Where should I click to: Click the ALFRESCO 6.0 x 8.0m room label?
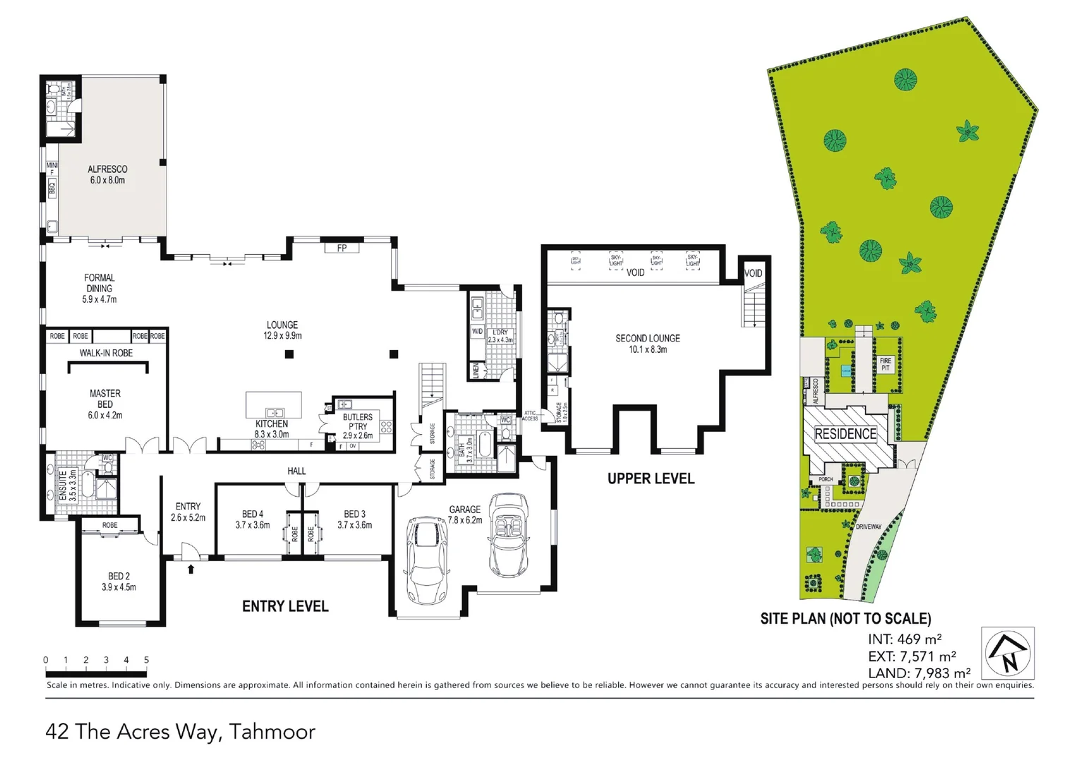pyautogui.click(x=107, y=174)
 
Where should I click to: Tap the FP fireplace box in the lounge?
pyautogui.click(x=342, y=248)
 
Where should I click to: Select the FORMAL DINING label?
pyautogui.click(x=100, y=288)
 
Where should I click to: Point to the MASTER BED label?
pyautogui.click(x=105, y=404)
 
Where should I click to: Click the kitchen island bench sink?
pyautogui.click(x=274, y=412)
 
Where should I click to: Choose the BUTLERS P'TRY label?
pyautogui.click(x=358, y=425)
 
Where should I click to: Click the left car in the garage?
pyautogui.click(x=427, y=561)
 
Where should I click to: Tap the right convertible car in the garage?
pyautogui.click(x=508, y=535)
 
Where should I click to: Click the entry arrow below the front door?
pyautogui.click(x=191, y=568)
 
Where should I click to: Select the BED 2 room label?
pyautogui.click(x=119, y=581)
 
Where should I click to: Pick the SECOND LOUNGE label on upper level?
pyautogui.click(x=647, y=343)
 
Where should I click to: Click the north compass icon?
pyautogui.click(x=1008, y=653)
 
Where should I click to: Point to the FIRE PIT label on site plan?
pyautogui.click(x=885, y=364)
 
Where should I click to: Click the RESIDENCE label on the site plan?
pyautogui.click(x=845, y=434)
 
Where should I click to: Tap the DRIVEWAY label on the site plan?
pyautogui.click(x=868, y=526)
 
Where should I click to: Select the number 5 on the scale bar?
pyautogui.click(x=147, y=660)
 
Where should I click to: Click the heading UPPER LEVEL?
pyautogui.click(x=651, y=478)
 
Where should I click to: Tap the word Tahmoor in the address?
pyautogui.click(x=272, y=732)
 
